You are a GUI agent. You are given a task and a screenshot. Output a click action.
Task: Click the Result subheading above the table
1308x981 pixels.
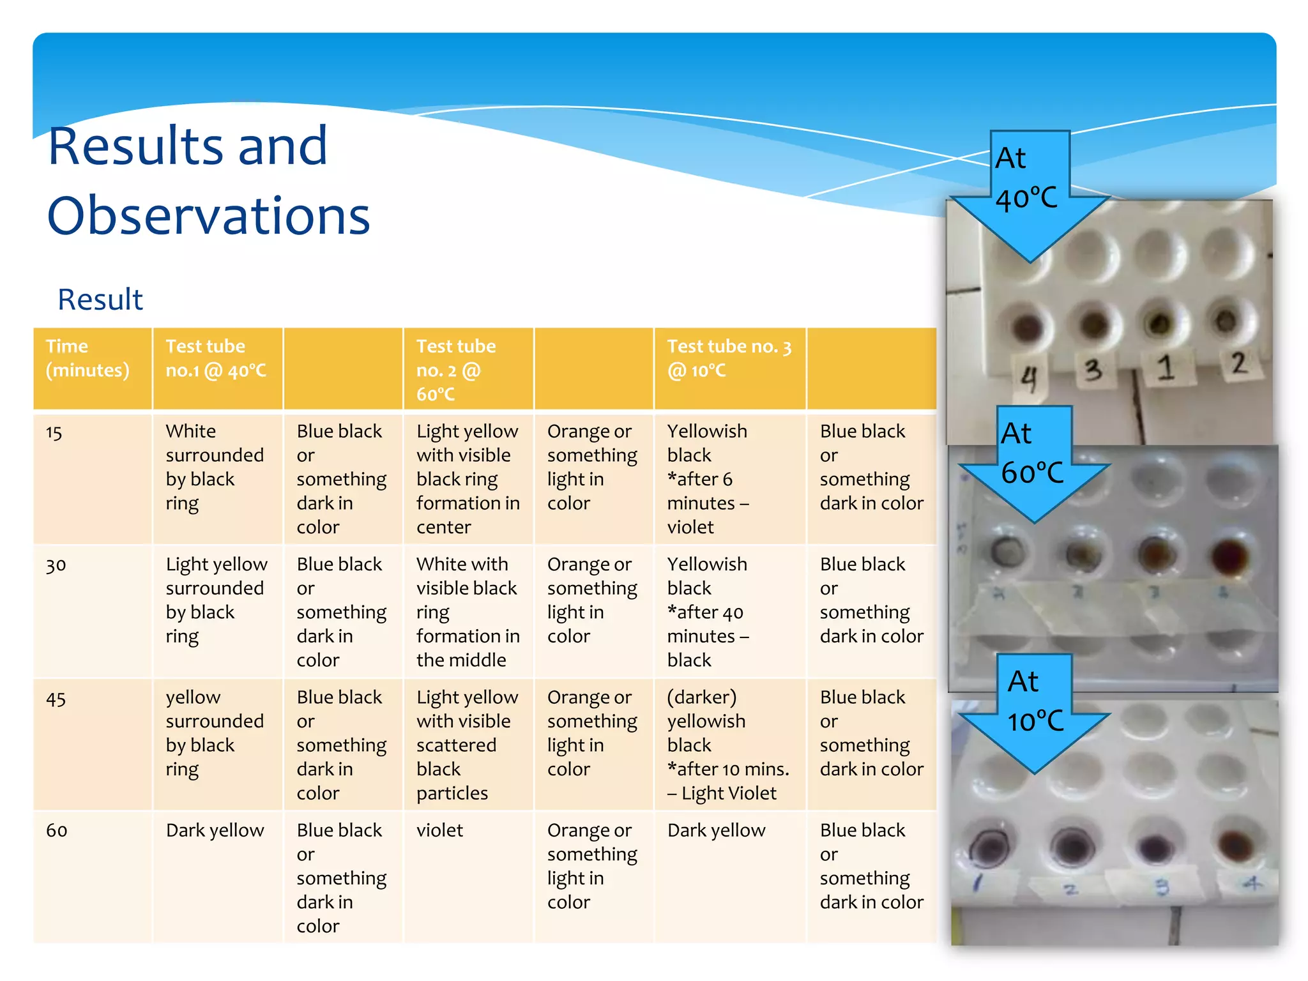(x=100, y=299)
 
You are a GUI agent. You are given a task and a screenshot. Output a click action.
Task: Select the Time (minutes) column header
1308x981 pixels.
(x=87, y=358)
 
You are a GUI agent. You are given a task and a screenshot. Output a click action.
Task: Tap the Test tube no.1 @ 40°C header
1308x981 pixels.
(x=216, y=358)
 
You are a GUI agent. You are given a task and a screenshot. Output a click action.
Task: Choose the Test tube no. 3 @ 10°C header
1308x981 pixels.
(x=729, y=358)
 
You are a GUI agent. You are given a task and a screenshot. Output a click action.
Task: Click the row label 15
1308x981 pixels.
(x=54, y=433)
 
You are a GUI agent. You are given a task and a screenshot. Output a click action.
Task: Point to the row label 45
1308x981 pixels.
(x=56, y=699)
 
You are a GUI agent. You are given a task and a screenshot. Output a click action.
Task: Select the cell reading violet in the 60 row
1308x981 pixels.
(x=440, y=830)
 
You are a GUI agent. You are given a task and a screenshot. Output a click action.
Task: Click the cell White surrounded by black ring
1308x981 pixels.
(x=215, y=467)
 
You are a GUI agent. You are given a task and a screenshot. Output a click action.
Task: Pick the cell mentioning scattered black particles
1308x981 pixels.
(x=468, y=745)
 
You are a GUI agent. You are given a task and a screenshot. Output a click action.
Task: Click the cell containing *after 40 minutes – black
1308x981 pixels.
(x=708, y=612)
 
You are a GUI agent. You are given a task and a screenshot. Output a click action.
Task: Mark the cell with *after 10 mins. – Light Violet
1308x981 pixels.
(x=728, y=745)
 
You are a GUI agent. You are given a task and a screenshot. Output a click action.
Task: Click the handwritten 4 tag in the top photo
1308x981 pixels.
(x=1028, y=379)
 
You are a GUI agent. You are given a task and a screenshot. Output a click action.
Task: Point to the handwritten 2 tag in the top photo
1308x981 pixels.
(x=1238, y=363)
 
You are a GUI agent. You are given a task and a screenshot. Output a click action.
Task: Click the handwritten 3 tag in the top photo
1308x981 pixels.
(x=1093, y=370)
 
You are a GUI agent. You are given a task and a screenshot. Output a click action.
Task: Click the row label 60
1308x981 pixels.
(x=56, y=830)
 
